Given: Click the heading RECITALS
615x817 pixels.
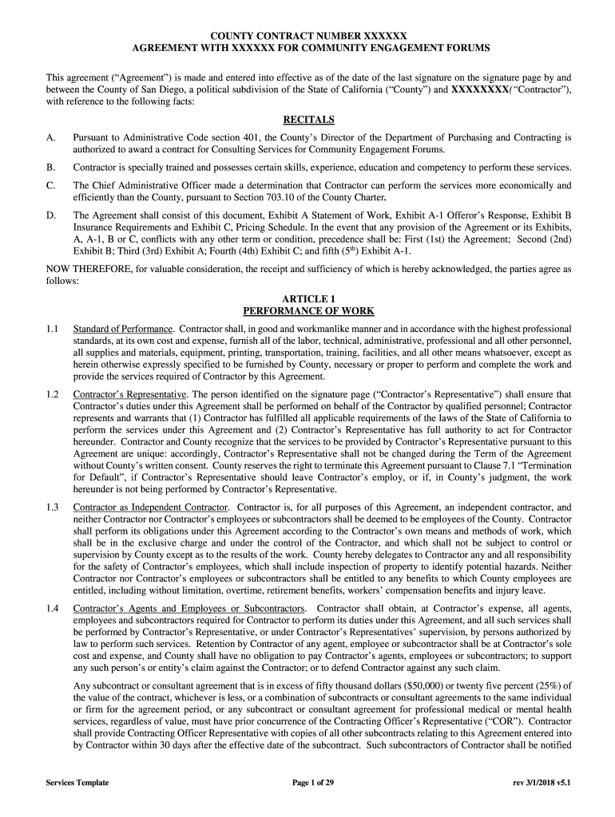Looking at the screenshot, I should point(308,120).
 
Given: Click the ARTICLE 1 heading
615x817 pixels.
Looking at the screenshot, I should point(308,298).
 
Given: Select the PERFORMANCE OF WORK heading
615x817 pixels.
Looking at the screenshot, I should point(308,311).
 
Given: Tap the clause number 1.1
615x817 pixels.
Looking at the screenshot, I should point(53,329).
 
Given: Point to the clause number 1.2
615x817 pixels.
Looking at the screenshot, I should point(53,394).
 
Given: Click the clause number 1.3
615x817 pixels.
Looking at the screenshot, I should point(53,507).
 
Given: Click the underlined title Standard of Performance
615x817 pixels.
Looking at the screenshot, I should point(123,329).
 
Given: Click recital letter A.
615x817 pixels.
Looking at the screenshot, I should point(50,138).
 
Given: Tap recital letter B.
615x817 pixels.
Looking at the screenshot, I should point(50,168).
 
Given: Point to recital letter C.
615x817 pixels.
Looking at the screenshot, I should point(50,185).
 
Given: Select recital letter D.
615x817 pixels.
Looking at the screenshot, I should point(50,215).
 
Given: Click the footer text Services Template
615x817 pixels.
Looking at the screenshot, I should point(77,783).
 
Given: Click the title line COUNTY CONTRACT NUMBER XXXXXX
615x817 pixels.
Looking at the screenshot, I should point(308,36).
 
